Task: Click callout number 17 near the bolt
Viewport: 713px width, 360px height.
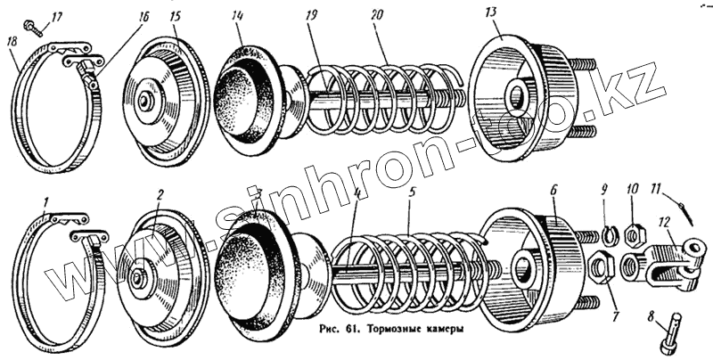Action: [x=57, y=16]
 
